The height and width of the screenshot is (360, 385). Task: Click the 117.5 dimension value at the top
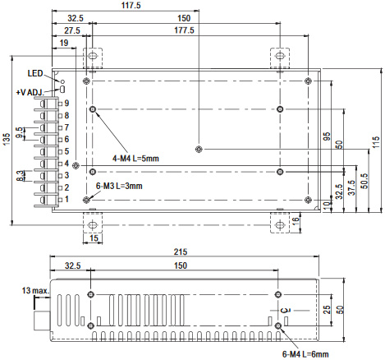coord(131,5)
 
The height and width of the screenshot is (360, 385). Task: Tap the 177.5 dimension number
coord(184,30)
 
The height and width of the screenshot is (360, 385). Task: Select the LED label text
coord(35,73)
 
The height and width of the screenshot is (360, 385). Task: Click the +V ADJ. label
coord(30,92)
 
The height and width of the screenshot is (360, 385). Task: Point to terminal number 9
coord(66,104)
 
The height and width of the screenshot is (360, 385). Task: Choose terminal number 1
coord(66,199)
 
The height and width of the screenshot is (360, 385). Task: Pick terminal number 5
coord(66,151)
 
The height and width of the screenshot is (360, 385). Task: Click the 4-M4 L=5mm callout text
coord(135,159)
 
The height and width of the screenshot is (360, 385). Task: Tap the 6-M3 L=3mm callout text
coord(119,186)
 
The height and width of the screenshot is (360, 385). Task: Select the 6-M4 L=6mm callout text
coord(305,354)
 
